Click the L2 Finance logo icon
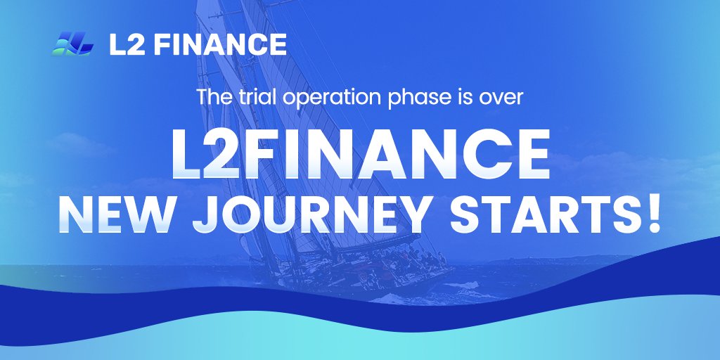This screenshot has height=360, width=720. tap(72, 44)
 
